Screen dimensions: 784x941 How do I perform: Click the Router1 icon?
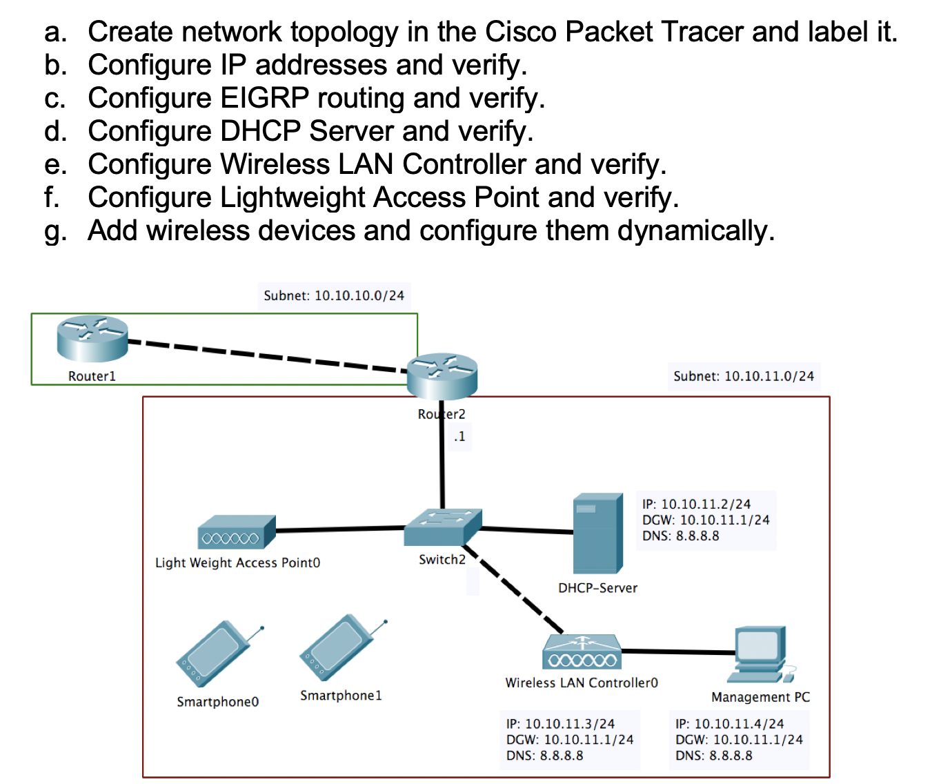(x=92, y=338)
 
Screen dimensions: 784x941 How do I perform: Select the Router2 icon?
(x=442, y=376)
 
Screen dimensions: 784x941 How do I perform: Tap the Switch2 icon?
(x=442, y=528)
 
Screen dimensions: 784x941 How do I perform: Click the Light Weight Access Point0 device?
(x=236, y=532)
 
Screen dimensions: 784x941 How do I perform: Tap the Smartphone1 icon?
(x=340, y=647)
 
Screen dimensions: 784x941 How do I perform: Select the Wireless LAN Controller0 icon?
(x=582, y=652)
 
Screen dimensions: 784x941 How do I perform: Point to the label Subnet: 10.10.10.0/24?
(x=334, y=295)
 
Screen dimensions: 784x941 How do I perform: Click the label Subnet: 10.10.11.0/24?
(x=744, y=376)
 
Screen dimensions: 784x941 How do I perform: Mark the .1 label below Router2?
(x=459, y=437)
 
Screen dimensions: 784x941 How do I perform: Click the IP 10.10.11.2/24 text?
(x=696, y=504)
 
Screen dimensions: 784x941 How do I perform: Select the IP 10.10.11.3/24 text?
(x=560, y=724)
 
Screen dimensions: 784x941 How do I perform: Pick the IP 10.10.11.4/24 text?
(x=730, y=724)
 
